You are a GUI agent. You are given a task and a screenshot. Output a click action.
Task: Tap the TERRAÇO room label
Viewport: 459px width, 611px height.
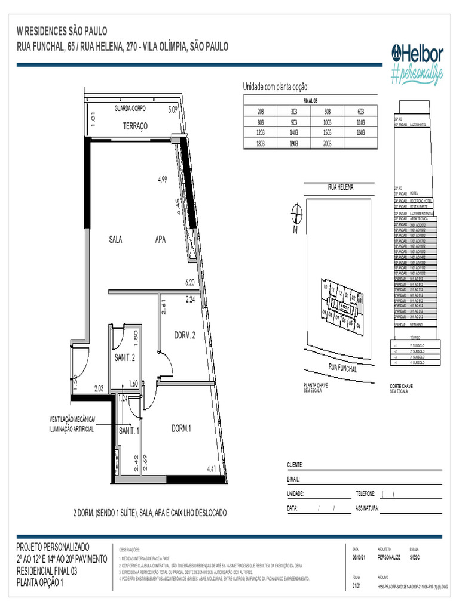pos(135,126)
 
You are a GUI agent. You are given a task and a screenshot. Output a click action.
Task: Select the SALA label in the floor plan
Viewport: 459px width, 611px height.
pos(115,239)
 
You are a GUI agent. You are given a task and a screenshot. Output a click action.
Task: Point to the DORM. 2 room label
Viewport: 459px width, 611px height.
pos(185,335)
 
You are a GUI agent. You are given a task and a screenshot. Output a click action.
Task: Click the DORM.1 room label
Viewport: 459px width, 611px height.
pos(182,428)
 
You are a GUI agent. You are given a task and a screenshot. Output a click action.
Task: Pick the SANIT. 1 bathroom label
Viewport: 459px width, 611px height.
pos(129,430)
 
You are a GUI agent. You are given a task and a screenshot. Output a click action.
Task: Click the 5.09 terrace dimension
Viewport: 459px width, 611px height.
pos(173,109)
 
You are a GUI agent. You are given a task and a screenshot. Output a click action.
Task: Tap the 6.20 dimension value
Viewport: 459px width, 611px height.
pos(191,282)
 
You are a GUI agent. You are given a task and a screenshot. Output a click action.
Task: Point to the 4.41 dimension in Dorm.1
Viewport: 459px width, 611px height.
pos(212,469)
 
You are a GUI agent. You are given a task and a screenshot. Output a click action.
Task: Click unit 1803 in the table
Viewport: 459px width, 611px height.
pos(260,143)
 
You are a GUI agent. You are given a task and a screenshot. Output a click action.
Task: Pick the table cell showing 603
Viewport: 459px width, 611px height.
pos(360,112)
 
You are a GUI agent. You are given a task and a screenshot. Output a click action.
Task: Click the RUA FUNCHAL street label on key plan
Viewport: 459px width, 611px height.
pos(342,368)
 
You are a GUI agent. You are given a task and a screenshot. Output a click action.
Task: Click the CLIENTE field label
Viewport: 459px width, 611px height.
pos(295,465)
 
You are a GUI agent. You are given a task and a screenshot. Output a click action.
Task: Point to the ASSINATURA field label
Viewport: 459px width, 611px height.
pos(367,509)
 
